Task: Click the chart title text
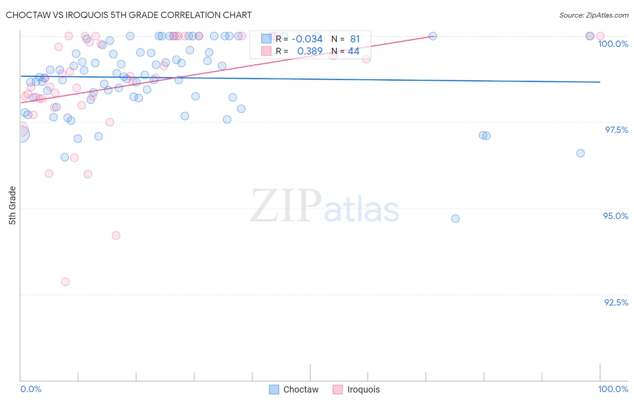pyautogui.click(x=129, y=15)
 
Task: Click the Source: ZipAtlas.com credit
pyautogui.click(x=593, y=15)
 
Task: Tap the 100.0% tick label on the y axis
pyautogui.click(x=613, y=44)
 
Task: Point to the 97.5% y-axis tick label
pyautogui.click(x=616, y=130)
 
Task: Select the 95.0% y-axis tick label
pyautogui.click(x=616, y=216)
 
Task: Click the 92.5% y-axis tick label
pyautogui.click(x=616, y=302)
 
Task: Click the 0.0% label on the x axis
pyautogui.click(x=31, y=389)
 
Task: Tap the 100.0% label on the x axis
pyautogui.click(x=613, y=389)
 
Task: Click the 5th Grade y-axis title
pyautogui.click(x=12, y=206)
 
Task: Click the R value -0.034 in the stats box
pyautogui.click(x=307, y=39)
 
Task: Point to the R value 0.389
pyautogui.click(x=310, y=51)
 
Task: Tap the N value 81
pyautogui.click(x=355, y=39)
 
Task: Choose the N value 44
pyautogui.click(x=354, y=51)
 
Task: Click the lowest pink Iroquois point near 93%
pyautogui.click(x=65, y=282)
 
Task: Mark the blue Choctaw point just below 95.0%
pyautogui.click(x=455, y=219)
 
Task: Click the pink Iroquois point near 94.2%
pyautogui.click(x=116, y=235)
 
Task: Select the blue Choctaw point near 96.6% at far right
pyautogui.click(x=580, y=153)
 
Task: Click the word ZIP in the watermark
pyautogui.click(x=286, y=206)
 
